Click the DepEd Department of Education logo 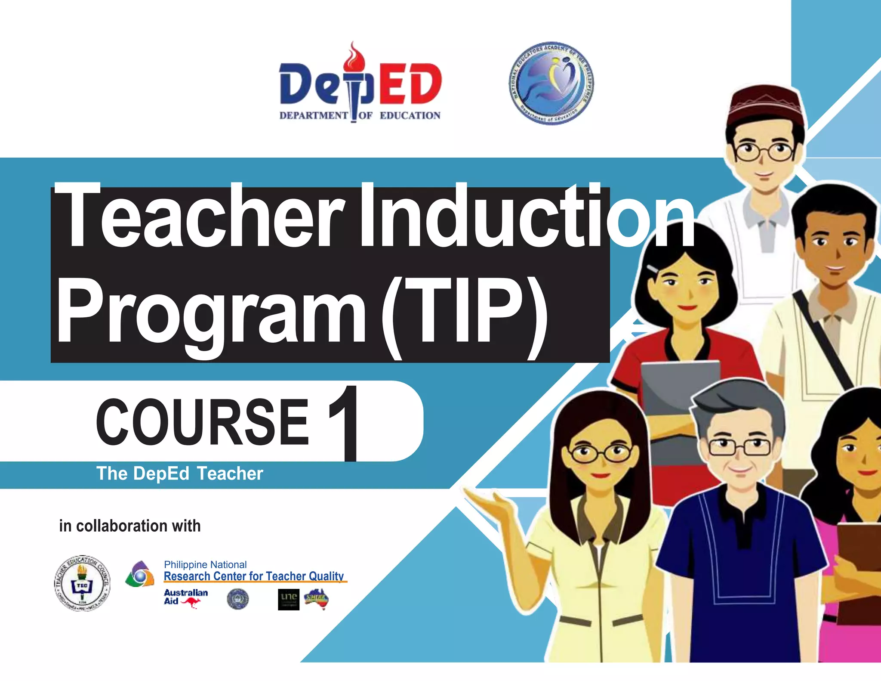[x=360, y=86]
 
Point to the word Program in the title [x=211, y=312]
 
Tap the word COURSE [x=202, y=422]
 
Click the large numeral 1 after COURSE [x=344, y=422]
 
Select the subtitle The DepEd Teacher [x=179, y=474]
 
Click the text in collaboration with [x=130, y=526]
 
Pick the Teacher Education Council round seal [x=82, y=583]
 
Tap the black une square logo [x=289, y=599]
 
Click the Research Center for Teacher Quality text [x=254, y=576]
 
